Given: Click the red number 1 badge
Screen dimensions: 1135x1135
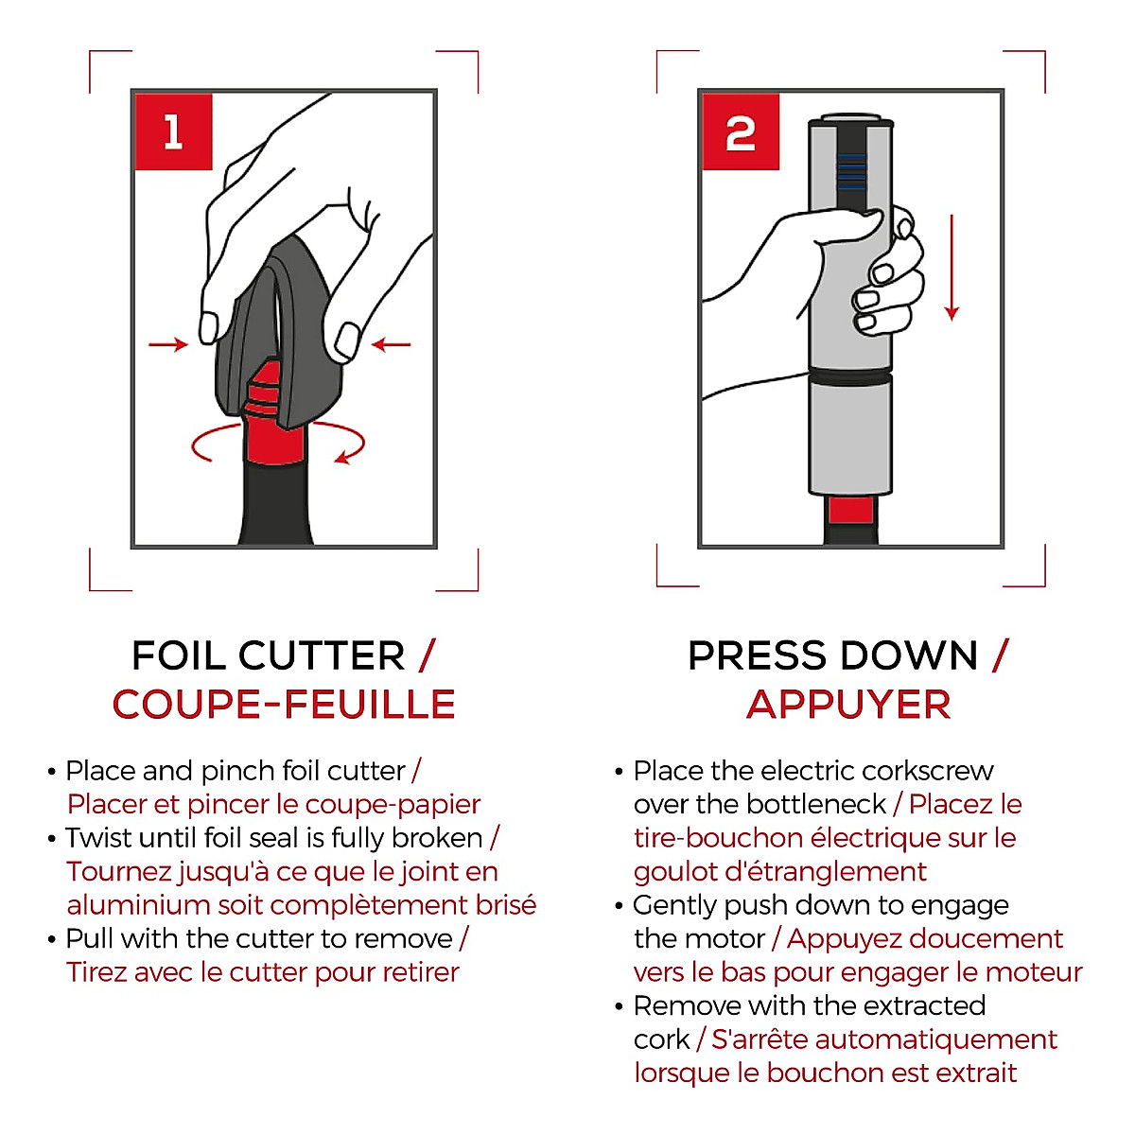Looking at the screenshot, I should click(x=173, y=131).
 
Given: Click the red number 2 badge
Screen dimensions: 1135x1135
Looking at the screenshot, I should click(x=741, y=132).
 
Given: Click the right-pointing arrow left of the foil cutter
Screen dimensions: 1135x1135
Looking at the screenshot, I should click(x=169, y=344).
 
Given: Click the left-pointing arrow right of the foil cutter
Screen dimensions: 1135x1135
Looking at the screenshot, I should click(x=391, y=344).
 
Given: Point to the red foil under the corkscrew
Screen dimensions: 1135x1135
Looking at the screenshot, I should click(x=850, y=511).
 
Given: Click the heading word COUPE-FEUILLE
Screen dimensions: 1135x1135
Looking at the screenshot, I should click(x=284, y=705).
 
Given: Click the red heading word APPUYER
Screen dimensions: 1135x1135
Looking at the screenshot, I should click(x=848, y=705).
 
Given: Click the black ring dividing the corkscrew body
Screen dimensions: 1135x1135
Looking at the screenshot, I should click(x=850, y=376).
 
